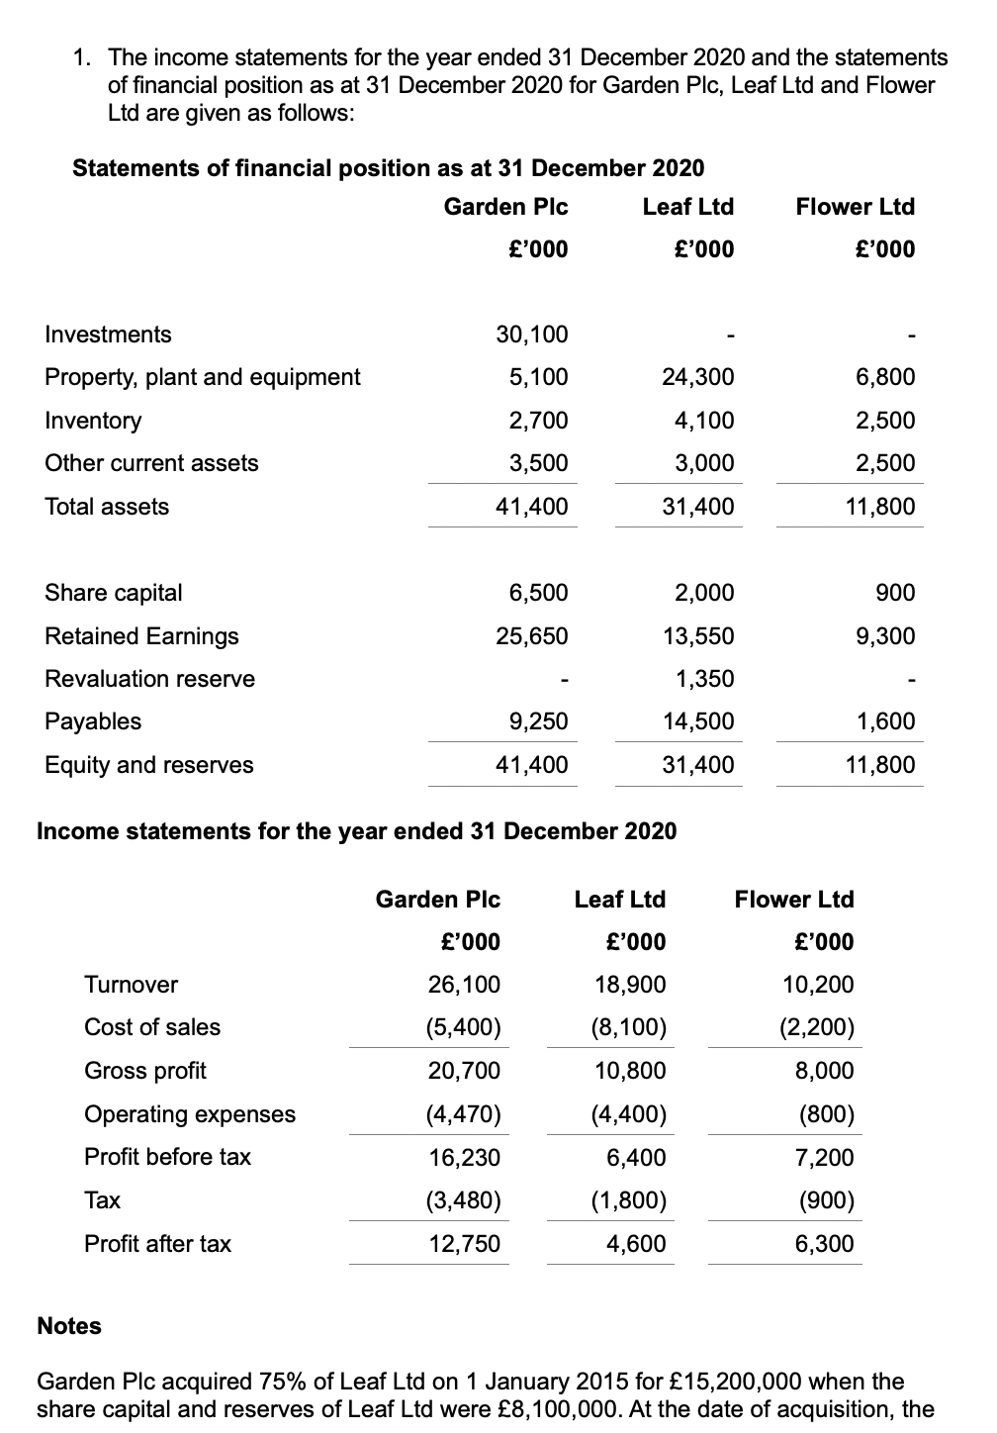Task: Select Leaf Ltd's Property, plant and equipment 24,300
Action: pos(697,377)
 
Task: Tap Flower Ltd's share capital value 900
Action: pos(895,593)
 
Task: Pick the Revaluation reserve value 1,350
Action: pos(704,679)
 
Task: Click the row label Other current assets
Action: pos(151,463)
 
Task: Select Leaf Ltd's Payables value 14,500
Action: pos(697,721)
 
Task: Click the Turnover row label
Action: pos(131,985)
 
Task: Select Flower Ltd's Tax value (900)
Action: pos(826,1200)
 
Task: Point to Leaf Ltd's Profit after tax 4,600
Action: pos(635,1244)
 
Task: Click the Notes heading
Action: pos(69,1326)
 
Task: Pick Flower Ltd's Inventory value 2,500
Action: pos(885,421)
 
